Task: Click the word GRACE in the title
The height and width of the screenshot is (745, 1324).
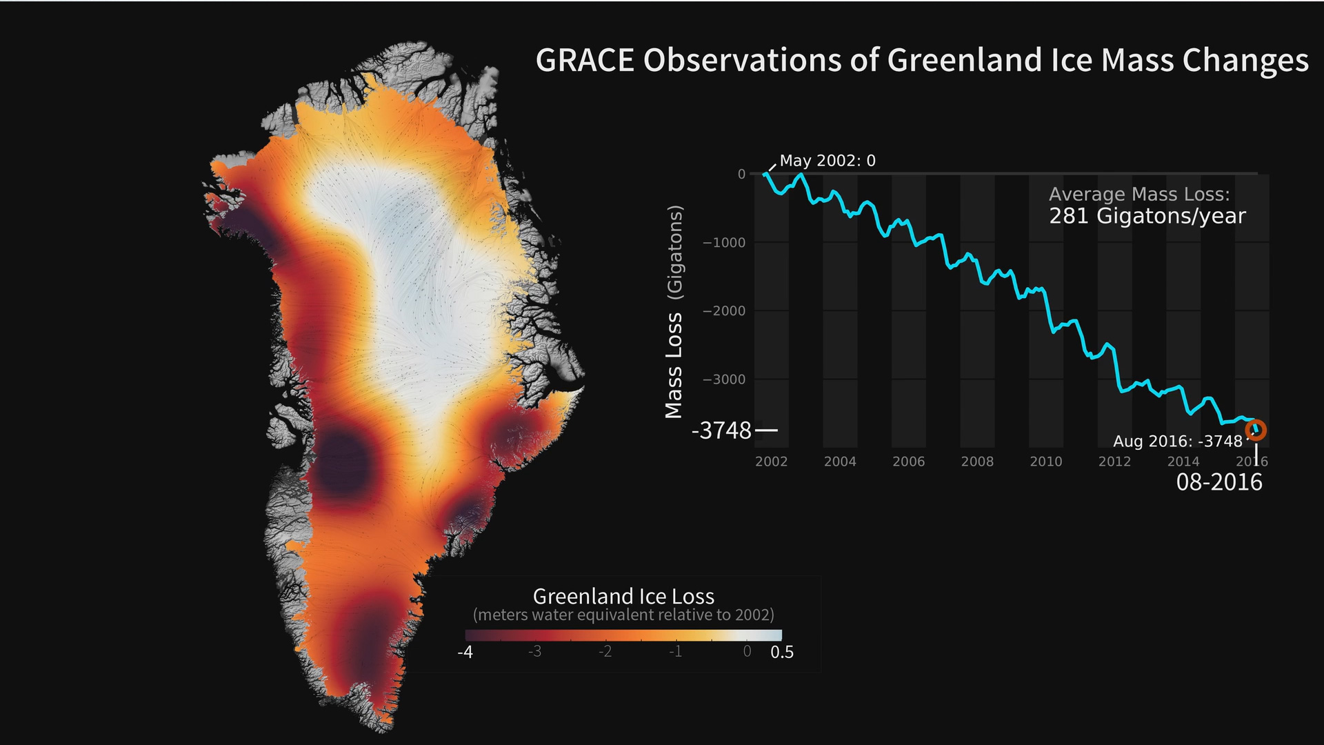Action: [585, 61]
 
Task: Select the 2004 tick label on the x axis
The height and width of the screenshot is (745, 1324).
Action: [840, 461]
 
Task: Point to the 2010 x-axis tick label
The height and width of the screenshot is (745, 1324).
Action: [1046, 461]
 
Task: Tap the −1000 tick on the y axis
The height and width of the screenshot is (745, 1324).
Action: [724, 243]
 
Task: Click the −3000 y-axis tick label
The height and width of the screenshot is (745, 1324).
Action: [724, 379]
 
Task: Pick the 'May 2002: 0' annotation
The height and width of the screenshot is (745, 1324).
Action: [827, 161]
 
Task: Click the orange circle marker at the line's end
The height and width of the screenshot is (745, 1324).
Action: [1256, 430]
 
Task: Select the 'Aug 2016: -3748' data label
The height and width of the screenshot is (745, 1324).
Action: [1178, 441]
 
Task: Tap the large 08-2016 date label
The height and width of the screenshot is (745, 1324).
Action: [1219, 482]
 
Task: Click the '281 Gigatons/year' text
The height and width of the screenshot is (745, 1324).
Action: [1147, 217]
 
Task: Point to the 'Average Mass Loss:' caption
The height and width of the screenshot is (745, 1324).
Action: [1139, 195]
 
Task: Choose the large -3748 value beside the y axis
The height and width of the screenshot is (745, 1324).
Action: [721, 431]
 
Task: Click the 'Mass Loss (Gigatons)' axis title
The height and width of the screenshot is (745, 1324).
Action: [674, 312]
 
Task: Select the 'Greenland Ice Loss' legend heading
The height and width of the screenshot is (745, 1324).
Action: [623, 596]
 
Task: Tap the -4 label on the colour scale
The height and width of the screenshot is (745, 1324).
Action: [465, 653]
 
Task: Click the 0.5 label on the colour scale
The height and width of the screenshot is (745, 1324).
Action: [782, 653]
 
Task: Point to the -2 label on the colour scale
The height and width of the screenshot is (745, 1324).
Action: [605, 652]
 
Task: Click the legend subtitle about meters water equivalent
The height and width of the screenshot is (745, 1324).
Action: [623, 615]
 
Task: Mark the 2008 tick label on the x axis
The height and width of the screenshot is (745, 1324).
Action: [977, 461]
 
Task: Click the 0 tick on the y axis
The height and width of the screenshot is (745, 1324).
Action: [741, 175]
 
